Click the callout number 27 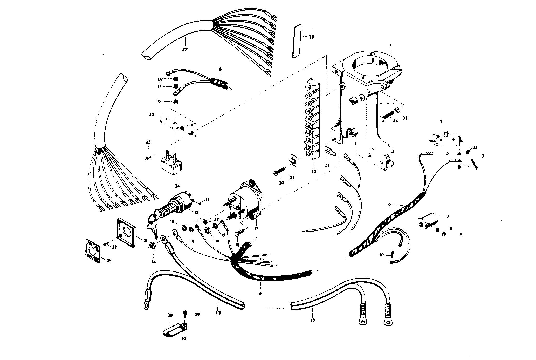tap(185, 49)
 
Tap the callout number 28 tap(311, 37)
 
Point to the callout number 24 tap(177, 186)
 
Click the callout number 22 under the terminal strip tap(314, 172)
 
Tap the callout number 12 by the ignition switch tap(196, 213)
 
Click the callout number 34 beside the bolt tap(395, 120)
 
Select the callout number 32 tap(114, 247)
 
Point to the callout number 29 tap(198, 315)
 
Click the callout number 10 tap(381, 255)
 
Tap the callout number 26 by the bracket tap(152, 114)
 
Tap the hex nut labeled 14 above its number tap(152, 245)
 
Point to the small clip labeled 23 tap(330, 151)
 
